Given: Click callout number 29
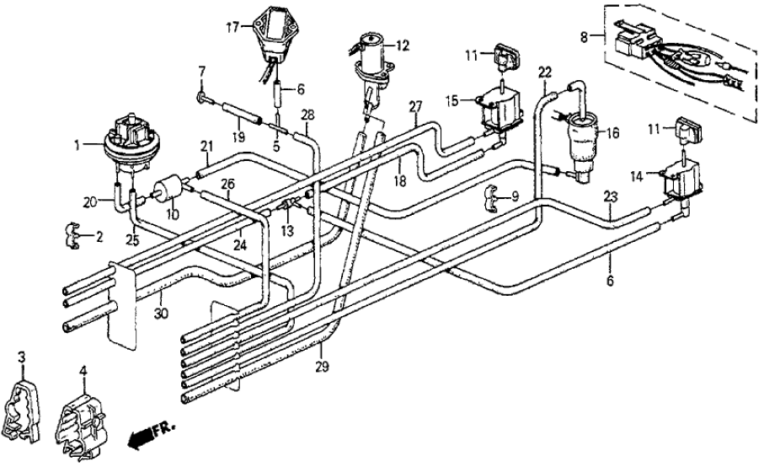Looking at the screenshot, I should pyautogui.click(x=323, y=368).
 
